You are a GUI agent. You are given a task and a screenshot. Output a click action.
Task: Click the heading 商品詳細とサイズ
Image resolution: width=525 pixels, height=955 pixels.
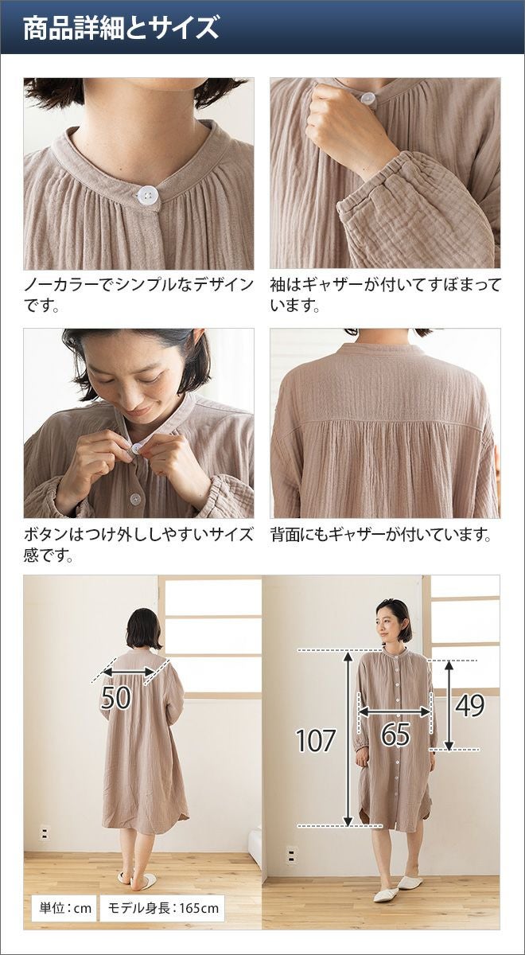pos(121,29)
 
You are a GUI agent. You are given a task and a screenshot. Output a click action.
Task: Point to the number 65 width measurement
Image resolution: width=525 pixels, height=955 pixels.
pos(395,734)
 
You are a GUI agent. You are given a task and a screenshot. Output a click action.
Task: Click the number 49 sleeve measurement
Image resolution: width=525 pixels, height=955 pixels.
pos(469,705)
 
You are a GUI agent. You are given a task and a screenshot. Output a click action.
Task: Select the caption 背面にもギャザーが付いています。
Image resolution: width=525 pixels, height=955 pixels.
pos(381,534)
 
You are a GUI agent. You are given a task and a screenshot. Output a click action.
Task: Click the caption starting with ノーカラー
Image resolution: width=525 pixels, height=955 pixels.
pos(138,294)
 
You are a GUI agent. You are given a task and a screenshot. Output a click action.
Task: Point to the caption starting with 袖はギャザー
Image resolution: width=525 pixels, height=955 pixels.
pos(385,294)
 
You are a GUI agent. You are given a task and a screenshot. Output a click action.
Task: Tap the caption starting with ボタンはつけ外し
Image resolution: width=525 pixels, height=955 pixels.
pos(138,544)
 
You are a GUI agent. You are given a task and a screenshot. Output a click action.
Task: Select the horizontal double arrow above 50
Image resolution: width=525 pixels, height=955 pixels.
pos(129,672)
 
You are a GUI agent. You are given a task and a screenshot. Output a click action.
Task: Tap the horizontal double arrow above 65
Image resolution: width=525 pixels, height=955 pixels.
pos(395,711)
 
